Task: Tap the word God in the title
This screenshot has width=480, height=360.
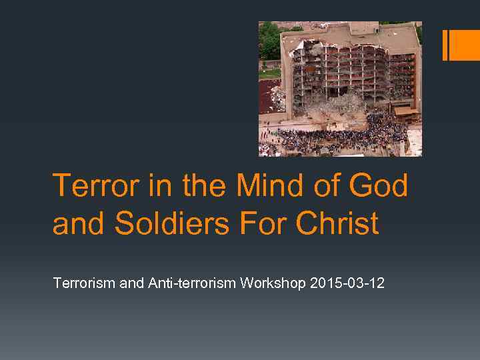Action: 381,185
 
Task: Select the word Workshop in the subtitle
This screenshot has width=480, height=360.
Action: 273,283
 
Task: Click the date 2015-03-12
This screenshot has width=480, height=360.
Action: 347,283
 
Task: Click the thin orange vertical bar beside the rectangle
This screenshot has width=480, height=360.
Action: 445,45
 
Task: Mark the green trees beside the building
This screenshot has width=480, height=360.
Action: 269,40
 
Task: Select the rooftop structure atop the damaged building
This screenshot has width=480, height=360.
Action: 364,29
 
